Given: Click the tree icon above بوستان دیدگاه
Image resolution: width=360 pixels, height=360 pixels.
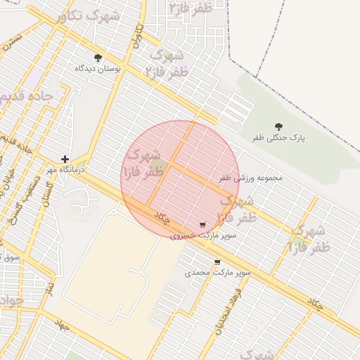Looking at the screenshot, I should (97, 58).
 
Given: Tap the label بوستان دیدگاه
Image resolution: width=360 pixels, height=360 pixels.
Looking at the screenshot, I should (98, 70).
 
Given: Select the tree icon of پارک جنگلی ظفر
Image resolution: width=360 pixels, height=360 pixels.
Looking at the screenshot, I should (279, 127).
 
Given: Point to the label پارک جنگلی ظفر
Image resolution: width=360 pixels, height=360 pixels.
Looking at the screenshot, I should (279, 139).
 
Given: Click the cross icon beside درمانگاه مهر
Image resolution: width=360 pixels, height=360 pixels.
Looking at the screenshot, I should (65, 160).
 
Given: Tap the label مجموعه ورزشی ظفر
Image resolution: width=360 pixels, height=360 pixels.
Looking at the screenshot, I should (250, 178).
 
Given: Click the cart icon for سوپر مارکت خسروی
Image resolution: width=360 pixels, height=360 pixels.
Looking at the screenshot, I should (202, 225).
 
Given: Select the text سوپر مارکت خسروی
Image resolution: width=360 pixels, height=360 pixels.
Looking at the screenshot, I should (202, 236).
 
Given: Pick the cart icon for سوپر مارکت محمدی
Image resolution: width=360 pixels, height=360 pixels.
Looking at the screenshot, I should (217, 262).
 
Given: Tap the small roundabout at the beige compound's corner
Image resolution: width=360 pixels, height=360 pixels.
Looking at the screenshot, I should (114, 210).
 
